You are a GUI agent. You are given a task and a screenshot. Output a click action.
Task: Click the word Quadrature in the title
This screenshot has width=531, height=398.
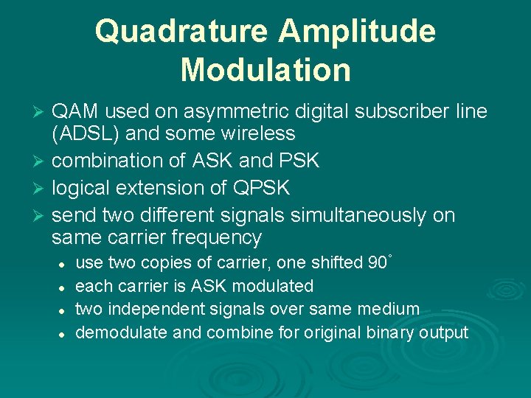coord(181,32)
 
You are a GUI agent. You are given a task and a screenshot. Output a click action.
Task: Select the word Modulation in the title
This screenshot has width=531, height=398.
coord(265,70)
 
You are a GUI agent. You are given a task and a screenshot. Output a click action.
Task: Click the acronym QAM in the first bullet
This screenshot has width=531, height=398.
coord(76,112)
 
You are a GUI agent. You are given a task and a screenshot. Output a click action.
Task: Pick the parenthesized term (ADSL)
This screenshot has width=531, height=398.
coord(80,133)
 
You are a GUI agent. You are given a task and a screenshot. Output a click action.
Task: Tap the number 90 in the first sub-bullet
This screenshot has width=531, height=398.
coord(376,263)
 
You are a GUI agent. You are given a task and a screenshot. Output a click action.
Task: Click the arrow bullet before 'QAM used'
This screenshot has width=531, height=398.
coord(41,112)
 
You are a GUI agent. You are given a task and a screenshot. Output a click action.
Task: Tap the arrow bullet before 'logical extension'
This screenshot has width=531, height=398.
coord(41,189)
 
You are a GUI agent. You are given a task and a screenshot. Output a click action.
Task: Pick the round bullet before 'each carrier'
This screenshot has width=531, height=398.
coord(64,287)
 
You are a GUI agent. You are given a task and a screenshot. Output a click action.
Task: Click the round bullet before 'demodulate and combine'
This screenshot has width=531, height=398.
coord(64,333)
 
